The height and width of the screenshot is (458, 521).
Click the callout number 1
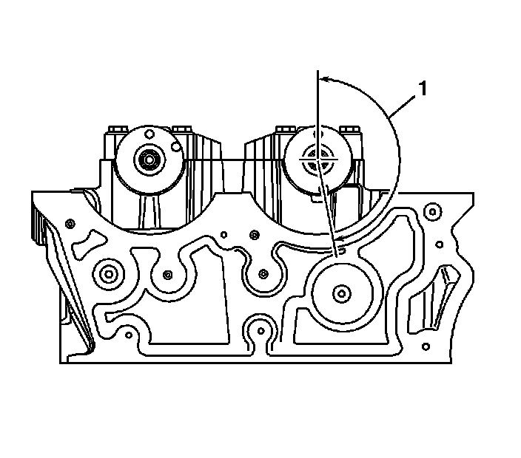click(423, 90)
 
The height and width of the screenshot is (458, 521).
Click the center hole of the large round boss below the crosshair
click(340, 294)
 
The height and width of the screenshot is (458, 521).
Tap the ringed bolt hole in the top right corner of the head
click(430, 212)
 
